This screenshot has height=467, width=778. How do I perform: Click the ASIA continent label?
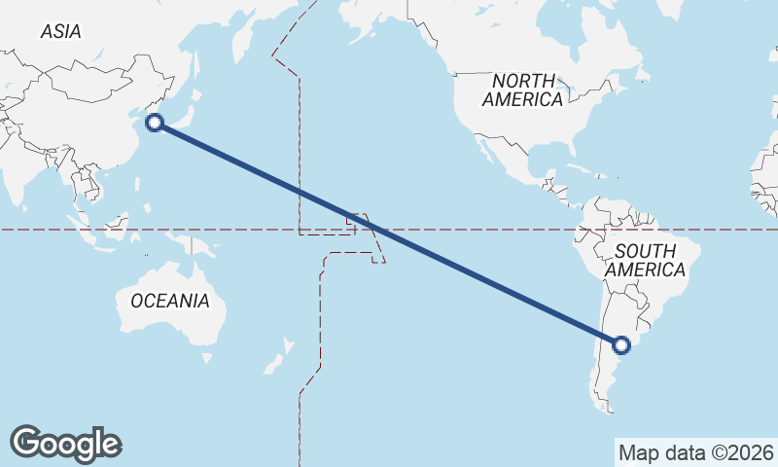coord(60,32)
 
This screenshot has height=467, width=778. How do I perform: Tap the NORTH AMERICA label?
coord(522,90)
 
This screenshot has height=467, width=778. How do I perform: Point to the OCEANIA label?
coord(169,301)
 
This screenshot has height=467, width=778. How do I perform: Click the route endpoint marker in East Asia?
coord(154,122)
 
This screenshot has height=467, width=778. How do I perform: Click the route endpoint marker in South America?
coord(621,344)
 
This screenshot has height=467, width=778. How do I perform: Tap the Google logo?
coord(65,443)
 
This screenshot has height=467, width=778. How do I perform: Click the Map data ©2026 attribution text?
coord(695,452)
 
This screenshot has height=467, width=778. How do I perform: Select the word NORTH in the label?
coord(523,80)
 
